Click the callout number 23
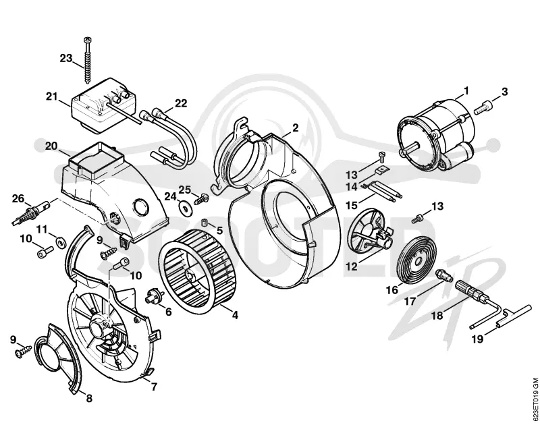click(x=66, y=58)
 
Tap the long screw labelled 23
click(x=86, y=60)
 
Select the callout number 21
click(x=53, y=96)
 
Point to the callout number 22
click(x=180, y=103)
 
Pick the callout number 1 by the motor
click(x=466, y=90)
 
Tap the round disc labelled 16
click(x=416, y=260)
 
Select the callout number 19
click(x=477, y=339)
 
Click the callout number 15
click(x=352, y=206)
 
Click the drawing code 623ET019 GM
click(x=535, y=400)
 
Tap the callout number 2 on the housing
click(x=295, y=128)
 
